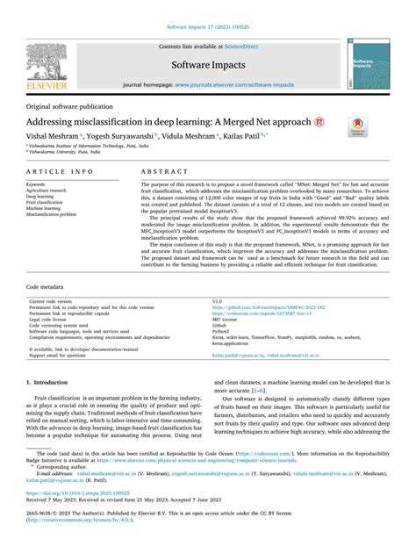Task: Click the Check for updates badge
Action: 360,127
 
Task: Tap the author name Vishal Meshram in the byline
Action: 52,139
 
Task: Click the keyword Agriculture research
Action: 50,191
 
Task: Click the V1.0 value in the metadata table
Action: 218,277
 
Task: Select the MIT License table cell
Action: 225,294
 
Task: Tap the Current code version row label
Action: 53,277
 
